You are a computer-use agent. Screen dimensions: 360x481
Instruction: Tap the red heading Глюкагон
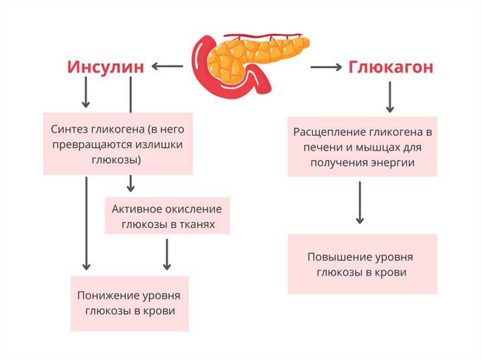pos(391,67)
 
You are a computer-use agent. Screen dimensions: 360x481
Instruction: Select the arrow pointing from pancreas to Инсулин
pos(167,67)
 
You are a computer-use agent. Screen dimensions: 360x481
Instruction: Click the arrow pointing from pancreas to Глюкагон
pos(326,67)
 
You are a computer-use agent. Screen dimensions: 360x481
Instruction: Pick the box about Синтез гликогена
pos(118,144)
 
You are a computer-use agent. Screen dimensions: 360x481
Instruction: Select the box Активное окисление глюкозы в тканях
pos(167,216)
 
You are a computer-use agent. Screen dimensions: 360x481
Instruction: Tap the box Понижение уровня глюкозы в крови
pos(129,303)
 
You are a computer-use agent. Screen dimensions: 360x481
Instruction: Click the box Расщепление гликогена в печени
pos(362,147)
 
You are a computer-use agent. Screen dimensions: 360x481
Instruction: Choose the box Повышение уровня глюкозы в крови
pos(362,264)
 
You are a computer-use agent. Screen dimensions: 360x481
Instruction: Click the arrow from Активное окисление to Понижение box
pos(167,254)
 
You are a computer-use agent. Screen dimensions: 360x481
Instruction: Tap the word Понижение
pos(107,296)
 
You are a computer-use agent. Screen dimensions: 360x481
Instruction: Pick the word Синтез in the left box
pos(67,129)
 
